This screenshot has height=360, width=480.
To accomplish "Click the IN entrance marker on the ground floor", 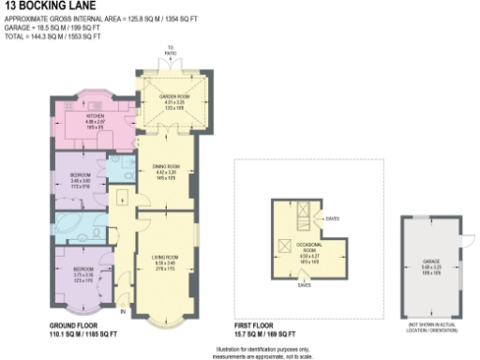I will point(123,308).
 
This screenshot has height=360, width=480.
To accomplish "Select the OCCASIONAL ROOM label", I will point(308,247).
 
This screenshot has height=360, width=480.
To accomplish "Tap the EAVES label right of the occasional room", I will point(332,219).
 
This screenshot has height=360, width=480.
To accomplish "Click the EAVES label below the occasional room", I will point(304,284).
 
